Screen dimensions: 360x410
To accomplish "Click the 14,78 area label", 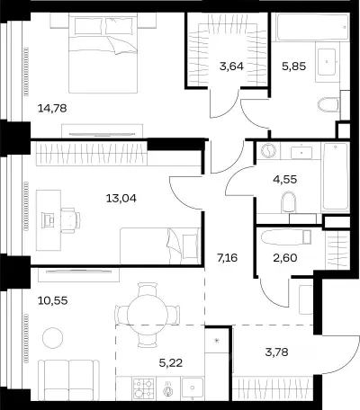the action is point(52,108).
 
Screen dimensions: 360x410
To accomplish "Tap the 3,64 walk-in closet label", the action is point(231,66).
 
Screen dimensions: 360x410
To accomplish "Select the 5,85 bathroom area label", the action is point(293,66).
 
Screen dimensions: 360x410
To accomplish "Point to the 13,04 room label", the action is point(121,198).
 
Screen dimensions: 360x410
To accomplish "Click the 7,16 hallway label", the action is point(227,257).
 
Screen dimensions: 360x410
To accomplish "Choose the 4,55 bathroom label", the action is point(285,179).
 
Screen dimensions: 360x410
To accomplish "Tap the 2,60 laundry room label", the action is point(285,257).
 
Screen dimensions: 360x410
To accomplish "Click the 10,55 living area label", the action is point(53,300).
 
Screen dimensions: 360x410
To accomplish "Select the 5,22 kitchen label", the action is point(171,363).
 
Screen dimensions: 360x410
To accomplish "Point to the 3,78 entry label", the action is point(276,352).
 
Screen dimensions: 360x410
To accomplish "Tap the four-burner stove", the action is point(144,388).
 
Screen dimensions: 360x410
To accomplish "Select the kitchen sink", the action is point(192,388).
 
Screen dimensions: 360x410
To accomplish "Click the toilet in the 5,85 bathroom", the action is point(328,105).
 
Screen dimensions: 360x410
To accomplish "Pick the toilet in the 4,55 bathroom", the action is point(289,202).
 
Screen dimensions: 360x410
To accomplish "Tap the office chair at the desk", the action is point(70,220).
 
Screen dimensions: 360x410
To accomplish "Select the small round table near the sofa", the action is point(53,338).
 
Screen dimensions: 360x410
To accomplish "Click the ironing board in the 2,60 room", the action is point(286,237).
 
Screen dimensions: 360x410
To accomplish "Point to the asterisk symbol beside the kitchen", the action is point(217,341).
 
